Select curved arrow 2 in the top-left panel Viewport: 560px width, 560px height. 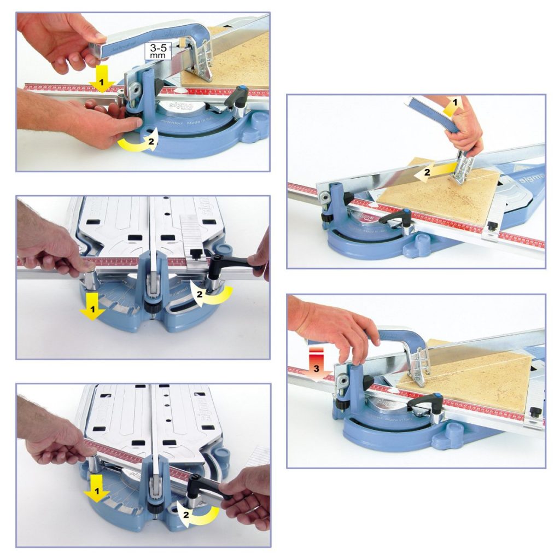coord(139,142)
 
